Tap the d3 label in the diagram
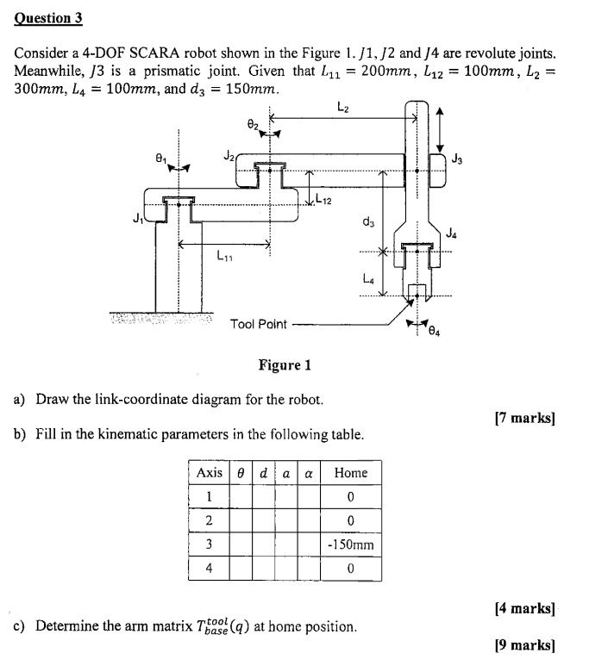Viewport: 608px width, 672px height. (368, 222)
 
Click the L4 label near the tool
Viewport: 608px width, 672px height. (368, 277)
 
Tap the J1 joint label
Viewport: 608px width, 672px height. (136, 215)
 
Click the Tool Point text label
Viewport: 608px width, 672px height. (258, 324)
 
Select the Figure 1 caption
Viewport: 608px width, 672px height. (285, 365)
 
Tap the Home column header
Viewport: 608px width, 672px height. (350, 472)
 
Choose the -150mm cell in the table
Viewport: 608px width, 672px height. (350, 544)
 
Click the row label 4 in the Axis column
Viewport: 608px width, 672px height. (209, 569)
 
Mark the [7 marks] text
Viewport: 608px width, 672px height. (524, 419)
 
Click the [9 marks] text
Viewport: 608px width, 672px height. (524, 644)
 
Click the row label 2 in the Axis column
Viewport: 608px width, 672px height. (209, 520)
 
